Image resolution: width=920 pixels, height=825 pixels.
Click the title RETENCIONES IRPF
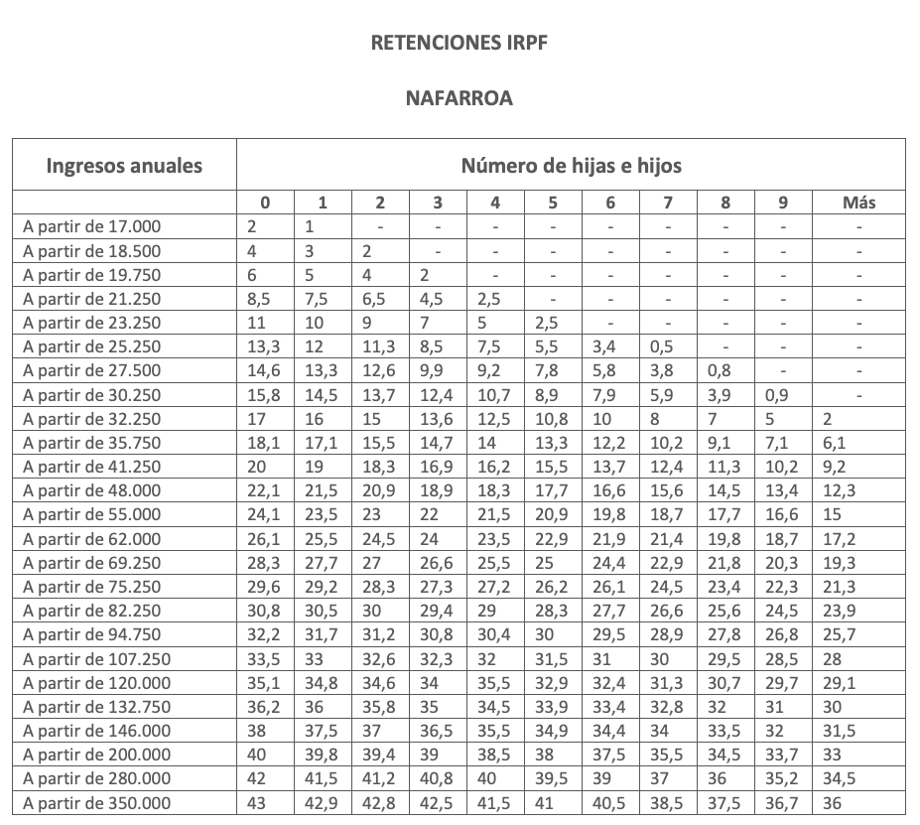(x=459, y=43)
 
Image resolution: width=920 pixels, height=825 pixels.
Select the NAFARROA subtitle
(x=459, y=98)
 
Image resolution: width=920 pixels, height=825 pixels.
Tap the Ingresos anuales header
(x=124, y=165)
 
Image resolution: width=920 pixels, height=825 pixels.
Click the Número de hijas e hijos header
(x=571, y=165)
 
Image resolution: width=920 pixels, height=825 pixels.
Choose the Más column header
(x=858, y=203)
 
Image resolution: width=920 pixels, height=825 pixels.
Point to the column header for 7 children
(x=668, y=203)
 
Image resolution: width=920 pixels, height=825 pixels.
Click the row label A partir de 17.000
(x=91, y=226)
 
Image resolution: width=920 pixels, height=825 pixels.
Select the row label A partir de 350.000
(x=96, y=803)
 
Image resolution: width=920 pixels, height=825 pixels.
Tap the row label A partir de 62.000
(x=91, y=539)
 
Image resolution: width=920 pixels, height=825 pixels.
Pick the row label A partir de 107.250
(x=96, y=659)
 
